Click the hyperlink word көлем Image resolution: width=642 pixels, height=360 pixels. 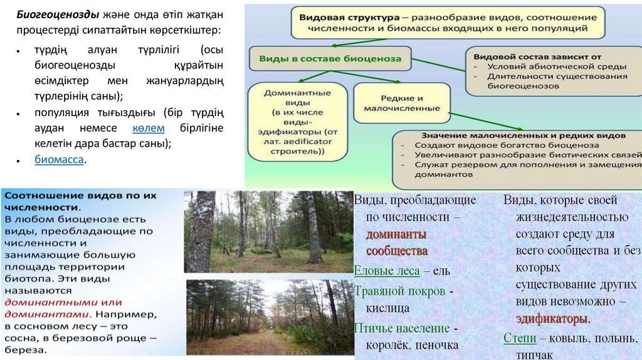pyautogui.click(x=149, y=129)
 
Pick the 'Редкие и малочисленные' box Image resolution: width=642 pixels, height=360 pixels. pyautogui.click(x=402, y=103)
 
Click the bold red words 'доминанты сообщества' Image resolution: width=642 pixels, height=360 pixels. pyautogui.click(x=397, y=242)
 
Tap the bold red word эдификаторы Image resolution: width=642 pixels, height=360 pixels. pyautogui.click(x=552, y=318)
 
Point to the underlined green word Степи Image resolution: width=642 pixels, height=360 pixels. pyautogui.click(x=520, y=338)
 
